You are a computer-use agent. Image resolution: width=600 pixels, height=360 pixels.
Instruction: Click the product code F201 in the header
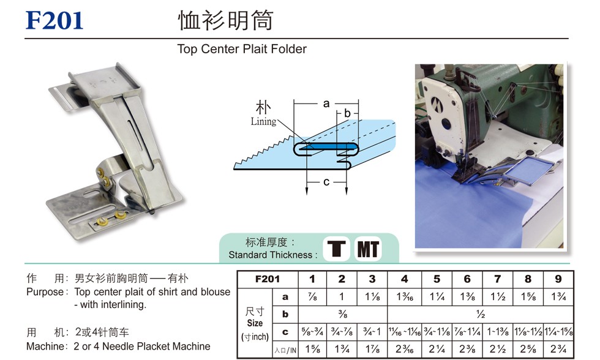pyautogui.click(x=54, y=21)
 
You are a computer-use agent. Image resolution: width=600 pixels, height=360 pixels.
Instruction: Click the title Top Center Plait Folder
pyautogui.click(x=242, y=49)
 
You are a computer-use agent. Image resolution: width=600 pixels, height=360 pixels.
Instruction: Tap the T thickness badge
pyautogui.click(x=336, y=249)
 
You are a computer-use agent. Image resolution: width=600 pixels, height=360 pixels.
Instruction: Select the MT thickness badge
pyautogui.click(x=368, y=249)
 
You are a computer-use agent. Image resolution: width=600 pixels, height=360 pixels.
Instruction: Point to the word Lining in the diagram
pyautogui.click(x=263, y=122)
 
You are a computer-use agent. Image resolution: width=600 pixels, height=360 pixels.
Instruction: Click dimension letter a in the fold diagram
pyautogui.click(x=326, y=103)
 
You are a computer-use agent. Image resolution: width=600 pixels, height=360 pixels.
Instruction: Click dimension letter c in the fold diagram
pyautogui.click(x=326, y=182)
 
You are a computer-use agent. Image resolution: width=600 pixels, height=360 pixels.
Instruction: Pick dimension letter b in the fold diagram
pyautogui.click(x=347, y=113)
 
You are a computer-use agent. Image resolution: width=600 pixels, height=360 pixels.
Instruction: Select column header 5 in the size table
pyautogui.click(x=437, y=279)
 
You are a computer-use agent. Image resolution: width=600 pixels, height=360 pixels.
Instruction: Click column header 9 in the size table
pyautogui.click(x=558, y=279)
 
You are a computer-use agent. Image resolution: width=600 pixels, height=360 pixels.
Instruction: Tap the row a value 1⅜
pyautogui.click(x=467, y=296)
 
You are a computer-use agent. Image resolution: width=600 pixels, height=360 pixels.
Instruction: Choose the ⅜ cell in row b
pyautogui.click(x=342, y=314)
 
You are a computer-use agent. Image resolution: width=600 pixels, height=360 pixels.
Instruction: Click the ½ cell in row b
pyautogui.click(x=481, y=314)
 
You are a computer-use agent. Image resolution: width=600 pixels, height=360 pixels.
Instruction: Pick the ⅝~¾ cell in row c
pyautogui.click(x=312, y=332)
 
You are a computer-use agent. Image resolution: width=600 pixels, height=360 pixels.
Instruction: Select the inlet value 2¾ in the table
pyautogui.click(x=558, y=349)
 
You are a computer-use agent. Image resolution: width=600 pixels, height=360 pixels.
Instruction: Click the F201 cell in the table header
pyautogui.click(x=268, y=279)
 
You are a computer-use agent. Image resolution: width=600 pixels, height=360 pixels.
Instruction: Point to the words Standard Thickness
pyautogui.click(x=271, y=255)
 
